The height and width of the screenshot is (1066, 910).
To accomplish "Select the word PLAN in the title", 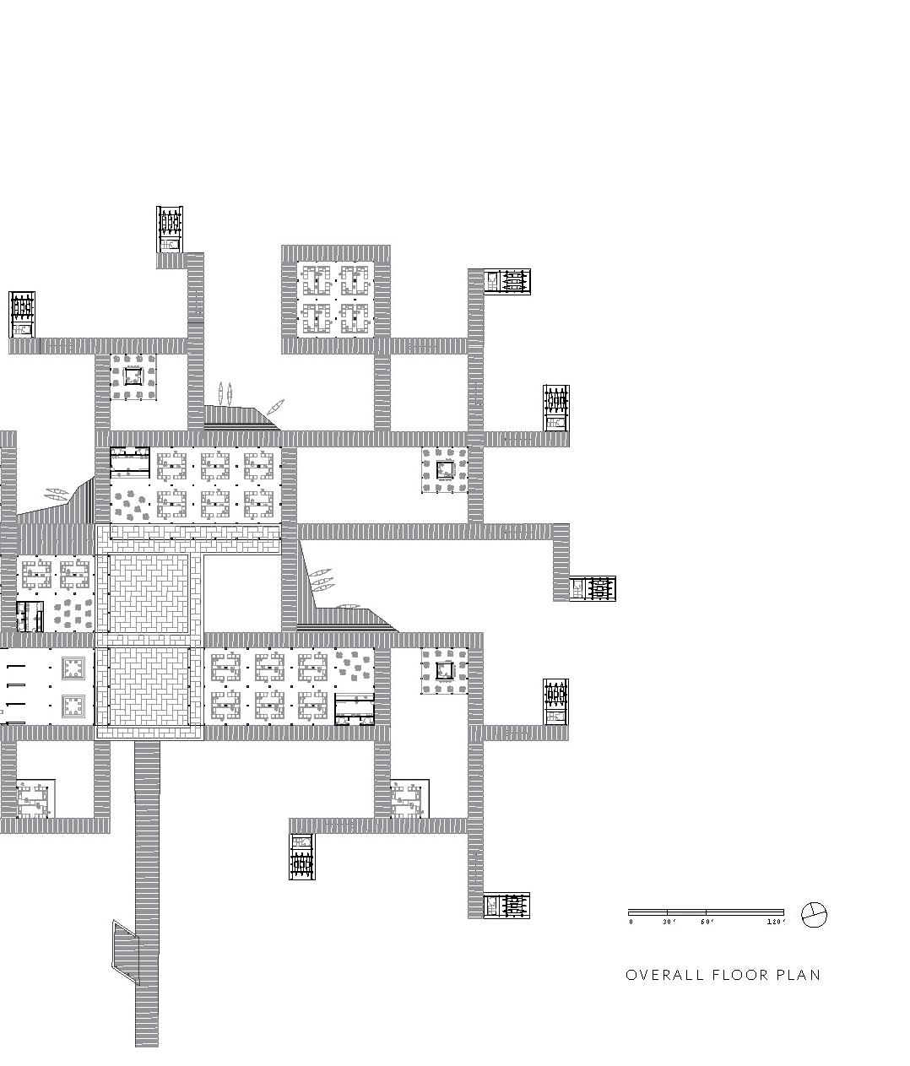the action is point(798,975).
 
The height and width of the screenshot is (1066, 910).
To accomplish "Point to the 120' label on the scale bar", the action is point(777,922).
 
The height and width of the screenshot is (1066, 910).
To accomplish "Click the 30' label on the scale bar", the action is point(669,922).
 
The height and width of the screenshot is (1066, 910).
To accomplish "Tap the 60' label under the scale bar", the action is point(707,922).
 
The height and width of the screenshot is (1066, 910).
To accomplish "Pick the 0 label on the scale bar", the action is point(631,922).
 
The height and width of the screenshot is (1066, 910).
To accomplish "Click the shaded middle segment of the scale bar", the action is point(687,912).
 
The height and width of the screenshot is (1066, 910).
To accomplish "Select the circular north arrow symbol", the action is point(814,914).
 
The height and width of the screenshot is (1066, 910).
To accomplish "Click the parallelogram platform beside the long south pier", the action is point(126,952).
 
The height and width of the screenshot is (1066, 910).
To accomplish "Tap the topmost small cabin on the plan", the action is point(170,230).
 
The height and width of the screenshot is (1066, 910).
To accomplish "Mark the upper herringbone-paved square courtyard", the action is point(149,594).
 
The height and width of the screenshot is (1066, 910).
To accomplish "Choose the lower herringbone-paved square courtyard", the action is point(149,686).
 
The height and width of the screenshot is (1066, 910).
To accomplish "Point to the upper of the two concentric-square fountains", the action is point(73,669).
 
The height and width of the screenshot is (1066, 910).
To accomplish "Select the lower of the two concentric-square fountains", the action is point(73,706).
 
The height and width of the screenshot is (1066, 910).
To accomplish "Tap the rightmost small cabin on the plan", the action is point(593,588).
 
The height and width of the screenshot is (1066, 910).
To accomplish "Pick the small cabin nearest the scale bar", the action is point(507,905).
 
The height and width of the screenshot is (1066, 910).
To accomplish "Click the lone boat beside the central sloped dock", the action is point(349,606).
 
